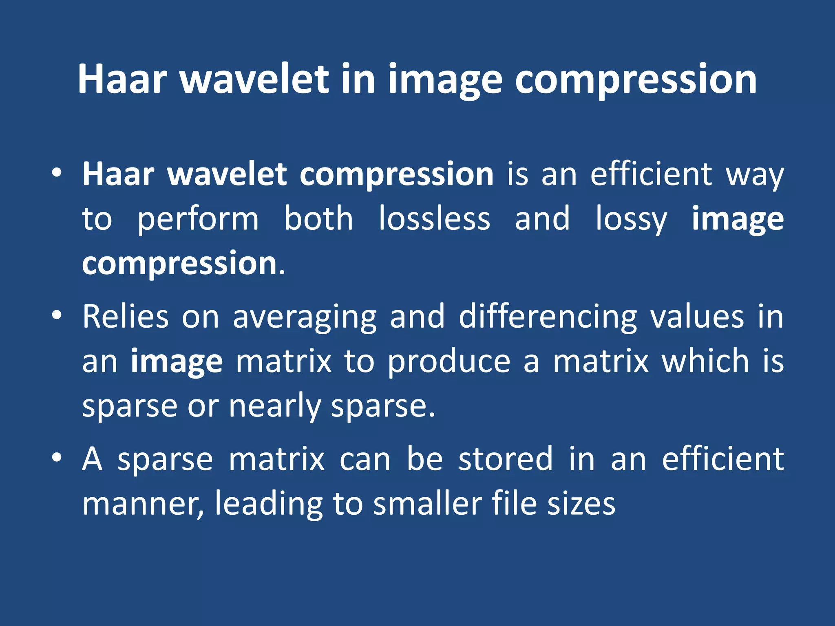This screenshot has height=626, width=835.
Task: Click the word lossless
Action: (x=434, y=219)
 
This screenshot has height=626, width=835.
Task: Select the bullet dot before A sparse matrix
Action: (x=57, y=458)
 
